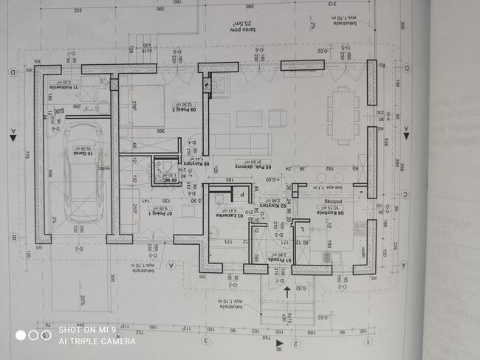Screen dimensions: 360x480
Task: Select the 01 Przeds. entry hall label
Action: coord(281,259)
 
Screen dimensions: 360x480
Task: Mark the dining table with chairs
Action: coord(343,115)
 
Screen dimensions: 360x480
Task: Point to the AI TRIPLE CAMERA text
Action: coord(97,341)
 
